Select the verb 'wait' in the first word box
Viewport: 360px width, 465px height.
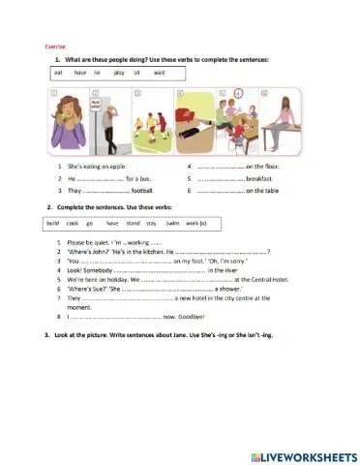159,73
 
